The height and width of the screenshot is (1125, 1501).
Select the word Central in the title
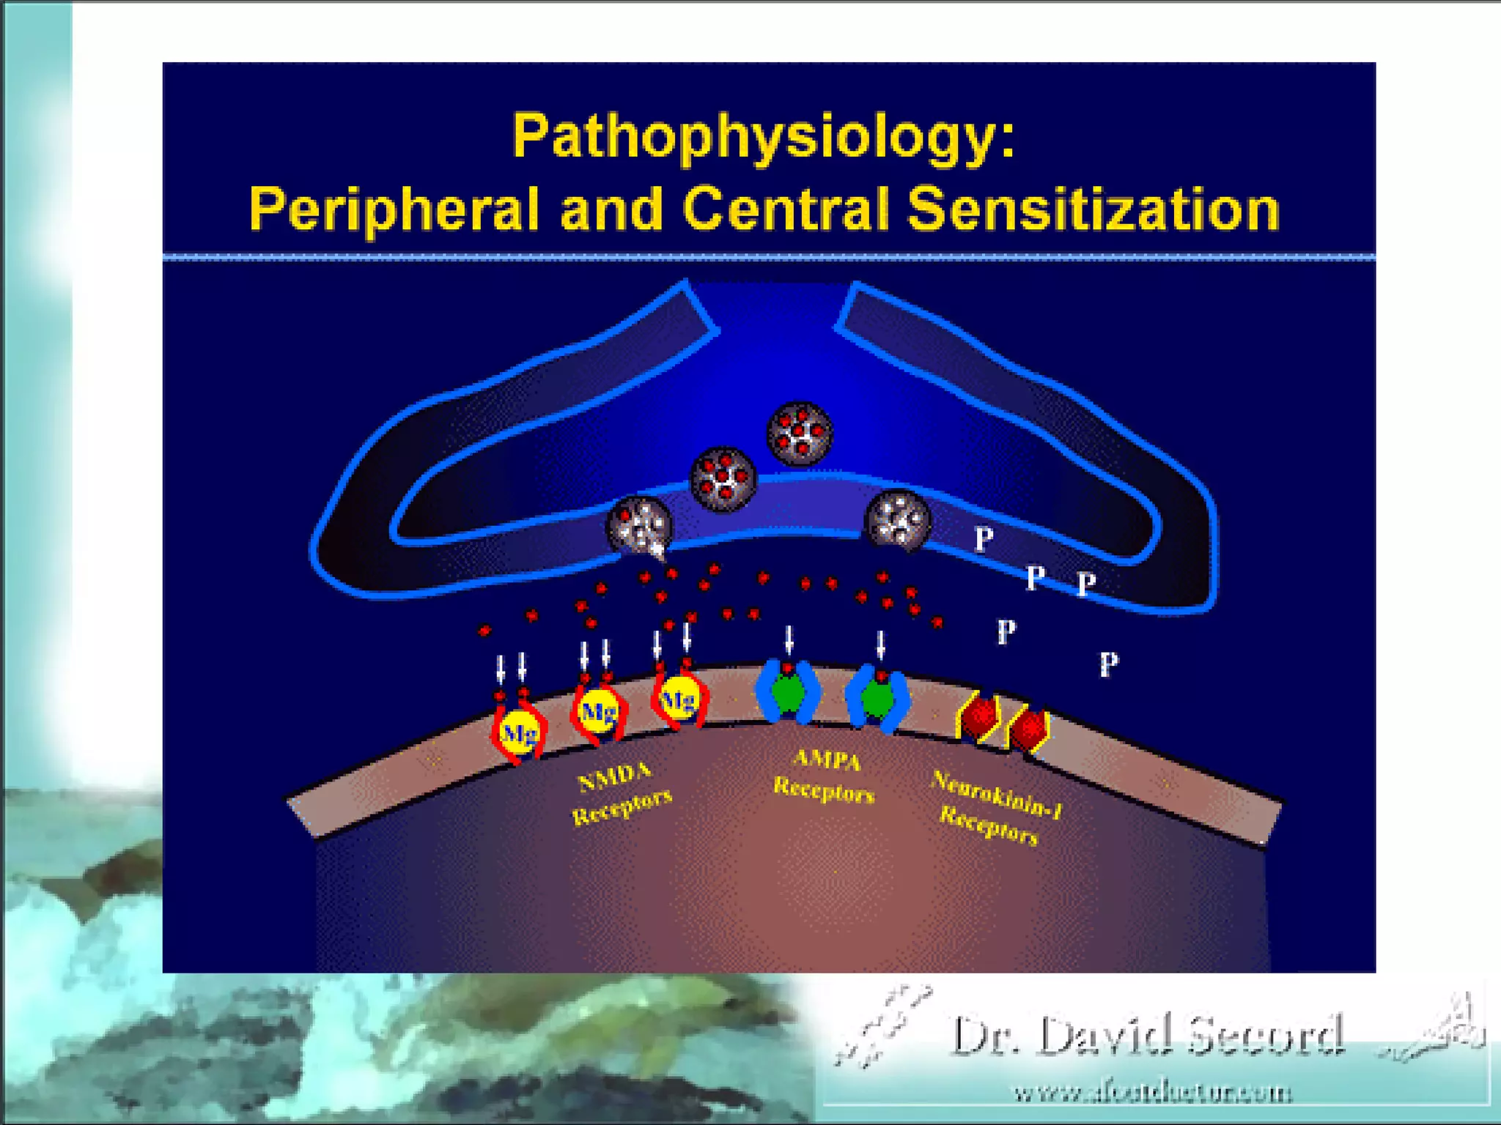pos(785,209)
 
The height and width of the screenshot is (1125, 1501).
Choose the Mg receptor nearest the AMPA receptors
pos(679,700)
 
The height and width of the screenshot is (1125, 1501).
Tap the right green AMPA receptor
pos(877,698)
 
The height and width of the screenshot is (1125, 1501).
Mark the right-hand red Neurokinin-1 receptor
pos(1029,729)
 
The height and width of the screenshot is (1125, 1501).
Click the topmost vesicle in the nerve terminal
pos(800,433)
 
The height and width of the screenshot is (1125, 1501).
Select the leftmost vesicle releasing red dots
pos(639,525)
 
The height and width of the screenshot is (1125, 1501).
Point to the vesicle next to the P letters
pos(898,520)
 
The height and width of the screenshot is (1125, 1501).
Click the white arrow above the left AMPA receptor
pos(789,639)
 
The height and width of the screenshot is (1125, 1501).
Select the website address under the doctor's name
pos(1152,1093)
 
